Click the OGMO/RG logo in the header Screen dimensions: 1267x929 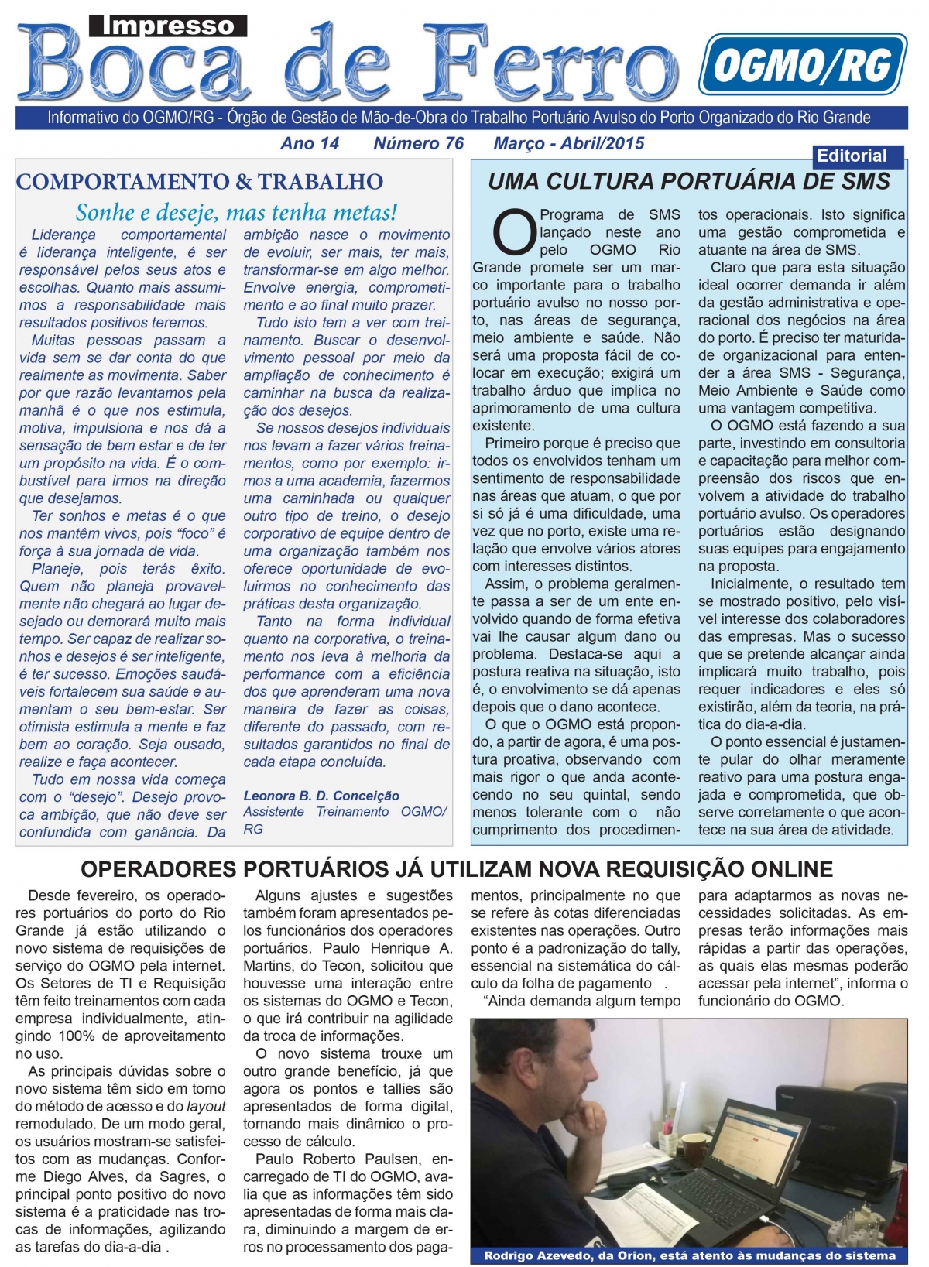click(802, 65)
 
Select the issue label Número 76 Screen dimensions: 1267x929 click(418, 143)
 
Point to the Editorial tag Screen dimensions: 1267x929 click(852, 156)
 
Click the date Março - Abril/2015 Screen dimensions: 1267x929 click(569, 143)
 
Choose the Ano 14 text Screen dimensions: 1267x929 click(310, 143)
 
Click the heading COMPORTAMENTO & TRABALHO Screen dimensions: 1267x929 click(200, 182)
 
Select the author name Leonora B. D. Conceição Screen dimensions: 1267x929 click(321, 796)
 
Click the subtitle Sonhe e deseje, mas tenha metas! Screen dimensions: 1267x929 click(236, 212)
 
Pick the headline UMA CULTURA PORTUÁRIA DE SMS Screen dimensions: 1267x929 click(689, 182)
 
